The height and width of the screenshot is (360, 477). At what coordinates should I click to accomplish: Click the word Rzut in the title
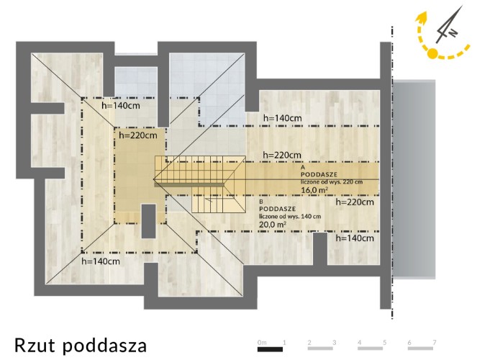(35, 345)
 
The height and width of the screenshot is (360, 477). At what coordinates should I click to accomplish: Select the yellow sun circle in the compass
(432, 53)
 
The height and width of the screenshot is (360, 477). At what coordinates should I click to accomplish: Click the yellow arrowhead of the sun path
(422, 18)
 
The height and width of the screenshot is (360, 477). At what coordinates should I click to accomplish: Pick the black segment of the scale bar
(270, 349)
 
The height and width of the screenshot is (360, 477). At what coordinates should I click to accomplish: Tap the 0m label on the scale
(262, 343)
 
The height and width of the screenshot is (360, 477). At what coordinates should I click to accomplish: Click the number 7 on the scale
(435, 342)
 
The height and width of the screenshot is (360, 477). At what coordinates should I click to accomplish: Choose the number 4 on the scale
(359, 342)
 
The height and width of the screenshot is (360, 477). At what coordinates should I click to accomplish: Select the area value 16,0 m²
(314, 190)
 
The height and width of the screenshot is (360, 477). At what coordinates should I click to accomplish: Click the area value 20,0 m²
(273, 225)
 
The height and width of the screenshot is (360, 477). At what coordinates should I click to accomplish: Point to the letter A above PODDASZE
(303, 167)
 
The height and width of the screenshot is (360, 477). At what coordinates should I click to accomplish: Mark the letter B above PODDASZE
(261, 202)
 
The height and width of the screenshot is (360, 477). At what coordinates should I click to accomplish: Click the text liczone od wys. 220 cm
(332, 182)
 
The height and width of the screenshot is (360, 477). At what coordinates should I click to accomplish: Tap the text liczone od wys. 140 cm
(290, 217)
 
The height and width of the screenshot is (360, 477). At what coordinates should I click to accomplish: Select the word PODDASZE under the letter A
(319, 175)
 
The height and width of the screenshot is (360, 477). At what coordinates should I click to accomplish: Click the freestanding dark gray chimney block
(149, 221)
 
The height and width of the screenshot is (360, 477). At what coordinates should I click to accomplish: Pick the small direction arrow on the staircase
(209, 199)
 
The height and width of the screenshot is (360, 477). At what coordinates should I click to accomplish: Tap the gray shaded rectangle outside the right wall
(414, 179)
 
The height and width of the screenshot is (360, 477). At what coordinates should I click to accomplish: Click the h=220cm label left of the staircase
(138, 135)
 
